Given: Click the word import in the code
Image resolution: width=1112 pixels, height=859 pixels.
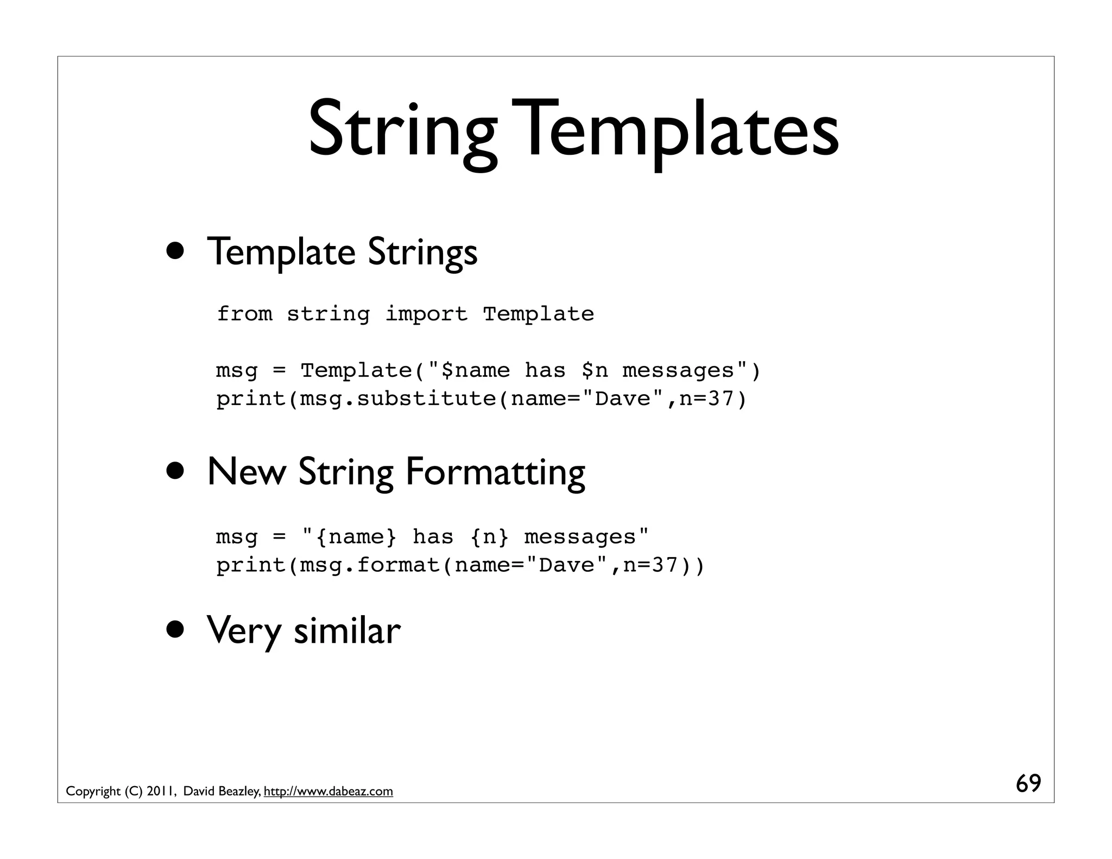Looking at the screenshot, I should (x=426, y=314).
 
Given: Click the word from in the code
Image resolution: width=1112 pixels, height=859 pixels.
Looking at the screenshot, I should (x=244, y=314).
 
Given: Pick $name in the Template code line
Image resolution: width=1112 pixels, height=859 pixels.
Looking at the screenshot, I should (x=476, y=371).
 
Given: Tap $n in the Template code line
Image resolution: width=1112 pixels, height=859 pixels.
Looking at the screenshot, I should (x=595, y=371).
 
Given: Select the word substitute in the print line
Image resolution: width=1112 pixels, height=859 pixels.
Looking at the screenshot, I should (x=426, y=399).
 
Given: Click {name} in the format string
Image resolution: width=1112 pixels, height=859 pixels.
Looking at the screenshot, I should (x=356, y=537).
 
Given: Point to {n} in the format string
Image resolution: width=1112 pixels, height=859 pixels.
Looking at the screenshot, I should (x=489, y=537).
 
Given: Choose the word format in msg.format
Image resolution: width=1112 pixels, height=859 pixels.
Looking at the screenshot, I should (x=399, y=565).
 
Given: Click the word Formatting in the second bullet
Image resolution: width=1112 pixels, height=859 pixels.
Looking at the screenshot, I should (x=495, y=472).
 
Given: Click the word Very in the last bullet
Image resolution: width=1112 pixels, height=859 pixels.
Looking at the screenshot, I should (x=243, y=631).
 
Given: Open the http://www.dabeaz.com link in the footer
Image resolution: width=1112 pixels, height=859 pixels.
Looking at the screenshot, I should (x=328, y=792).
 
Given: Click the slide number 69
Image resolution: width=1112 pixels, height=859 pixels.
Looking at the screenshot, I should (x=1028, y=784).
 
